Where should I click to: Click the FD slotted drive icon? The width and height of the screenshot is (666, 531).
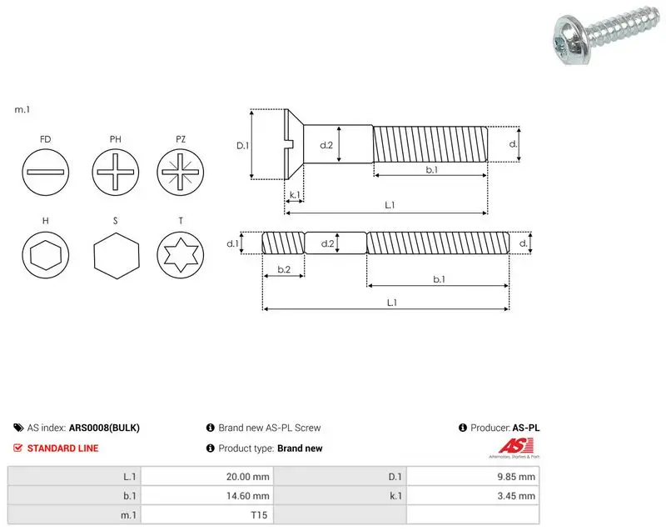[46, 173]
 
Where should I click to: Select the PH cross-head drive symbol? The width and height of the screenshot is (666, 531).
[116, 173]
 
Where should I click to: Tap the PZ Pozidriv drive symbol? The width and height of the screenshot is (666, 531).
[181, 173]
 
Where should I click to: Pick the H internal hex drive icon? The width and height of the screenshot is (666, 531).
[46, 254]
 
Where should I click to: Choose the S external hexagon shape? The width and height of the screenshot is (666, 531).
[117, 256]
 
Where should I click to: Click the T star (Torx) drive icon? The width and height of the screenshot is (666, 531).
[181, 254]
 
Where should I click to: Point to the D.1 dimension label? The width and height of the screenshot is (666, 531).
[242, 145]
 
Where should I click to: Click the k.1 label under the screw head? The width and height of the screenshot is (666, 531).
[295, 195]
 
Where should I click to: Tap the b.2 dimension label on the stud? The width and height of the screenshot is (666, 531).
[284, 269]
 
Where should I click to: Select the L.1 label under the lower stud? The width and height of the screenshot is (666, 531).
[392, 303]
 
